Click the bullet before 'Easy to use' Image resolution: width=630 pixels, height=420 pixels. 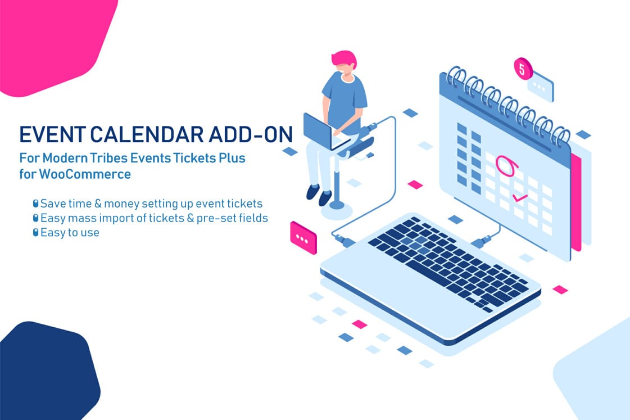35,232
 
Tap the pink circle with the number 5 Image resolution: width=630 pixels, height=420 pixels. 523,69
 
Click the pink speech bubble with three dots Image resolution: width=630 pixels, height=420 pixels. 303,238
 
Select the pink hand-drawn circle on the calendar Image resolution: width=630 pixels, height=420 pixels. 506,165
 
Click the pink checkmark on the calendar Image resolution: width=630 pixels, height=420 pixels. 520,197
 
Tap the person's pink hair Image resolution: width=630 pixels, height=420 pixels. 344,58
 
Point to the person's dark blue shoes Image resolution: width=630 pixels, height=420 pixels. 319,195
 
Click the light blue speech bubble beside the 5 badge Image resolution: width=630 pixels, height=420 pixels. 541,87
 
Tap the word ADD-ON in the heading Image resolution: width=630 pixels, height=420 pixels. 251,134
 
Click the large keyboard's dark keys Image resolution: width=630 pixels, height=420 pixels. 448,263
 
